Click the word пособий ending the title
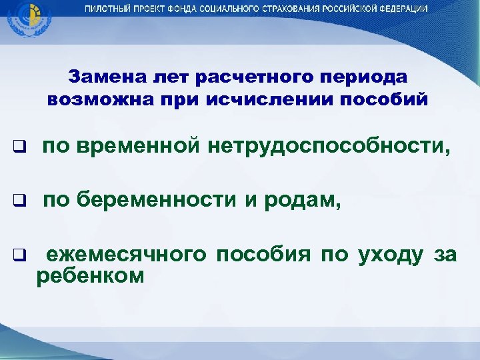pyautogui.click(x=389, y=99)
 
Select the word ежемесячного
pyautogui.click(x=127, y=254)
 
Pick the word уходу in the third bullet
pyautogui.click(x=389, y=254)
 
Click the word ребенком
pyautogui.click(x=90, y=275)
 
